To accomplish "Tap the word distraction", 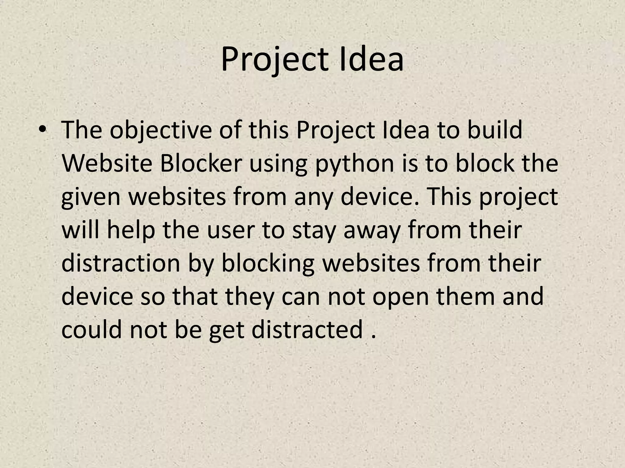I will pyautogui.click(x=121, y=264).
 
